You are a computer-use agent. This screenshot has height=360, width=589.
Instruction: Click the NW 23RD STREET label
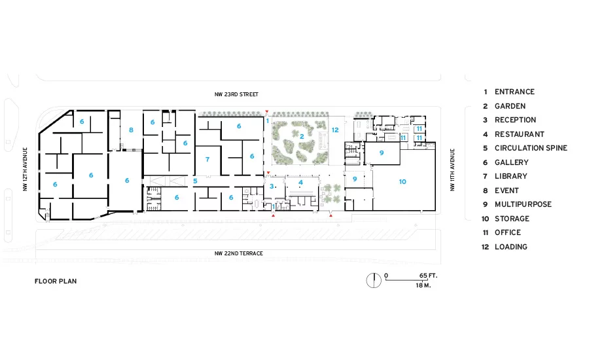pos(236,94)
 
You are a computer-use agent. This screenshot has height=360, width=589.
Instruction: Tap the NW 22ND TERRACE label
pos(238,253)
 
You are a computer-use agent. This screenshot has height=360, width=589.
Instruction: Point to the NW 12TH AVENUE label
pos(25,169)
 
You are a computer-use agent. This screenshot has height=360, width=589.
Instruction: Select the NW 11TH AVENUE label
pos(452,170)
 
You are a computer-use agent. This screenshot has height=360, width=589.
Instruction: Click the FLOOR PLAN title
pos(56,281)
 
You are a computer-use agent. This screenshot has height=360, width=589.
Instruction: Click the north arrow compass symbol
pos(374,280)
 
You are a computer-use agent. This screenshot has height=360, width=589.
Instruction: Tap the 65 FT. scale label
pos(428,276)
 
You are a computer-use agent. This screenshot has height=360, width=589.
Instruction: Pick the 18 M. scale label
pos(423,285)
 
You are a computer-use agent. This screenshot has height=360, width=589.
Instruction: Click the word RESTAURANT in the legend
pos(520,134)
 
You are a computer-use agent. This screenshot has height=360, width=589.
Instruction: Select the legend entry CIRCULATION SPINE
pos(531,148)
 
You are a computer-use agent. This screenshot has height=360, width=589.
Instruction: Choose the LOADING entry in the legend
pos(511,247)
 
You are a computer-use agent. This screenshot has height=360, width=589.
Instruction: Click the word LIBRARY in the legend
pos(511,176)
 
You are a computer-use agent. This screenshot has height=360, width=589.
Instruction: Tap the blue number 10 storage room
pos(402,182)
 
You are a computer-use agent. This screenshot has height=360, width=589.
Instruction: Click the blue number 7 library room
pos(207,160)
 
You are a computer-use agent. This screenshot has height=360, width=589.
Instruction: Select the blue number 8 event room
pos(131,130)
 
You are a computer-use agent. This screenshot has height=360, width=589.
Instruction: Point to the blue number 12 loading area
pos(335,130)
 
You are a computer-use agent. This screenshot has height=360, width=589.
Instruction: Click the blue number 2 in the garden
pos(302,137)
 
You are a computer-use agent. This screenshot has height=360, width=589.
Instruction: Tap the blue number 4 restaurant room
pos(300,183)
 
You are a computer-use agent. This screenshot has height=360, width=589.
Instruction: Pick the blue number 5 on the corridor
pos(195,181)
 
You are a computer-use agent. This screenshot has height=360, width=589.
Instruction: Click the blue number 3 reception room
pos(272,187)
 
